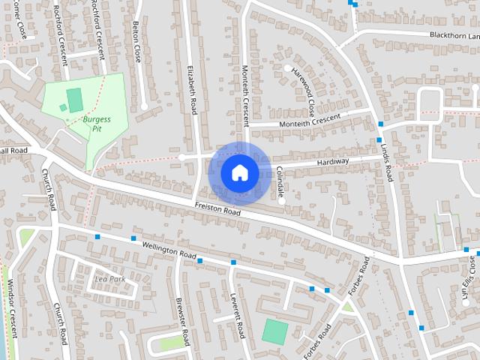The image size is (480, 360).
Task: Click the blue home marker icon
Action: pyautogui.click(x=239, y=172)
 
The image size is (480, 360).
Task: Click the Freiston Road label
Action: pyautogui.click(x=217, y=209)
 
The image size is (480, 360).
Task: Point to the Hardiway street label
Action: pyautogui.click(x=332, y=161)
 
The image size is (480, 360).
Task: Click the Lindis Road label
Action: pyautogui.click(x=387, y=157)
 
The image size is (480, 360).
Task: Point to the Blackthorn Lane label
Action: pyautogui.click(x=454, y=35)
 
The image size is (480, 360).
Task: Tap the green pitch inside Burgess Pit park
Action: pyautogui.click(x=74, y=98)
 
